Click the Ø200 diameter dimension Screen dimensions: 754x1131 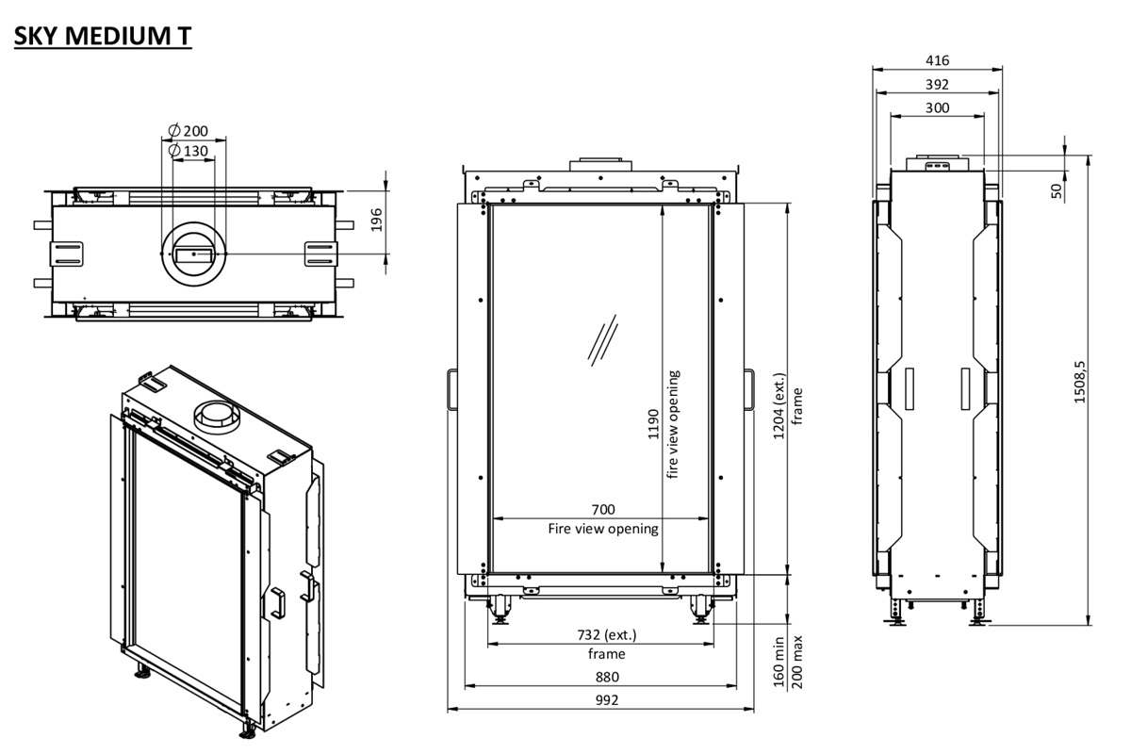tap(188, 130)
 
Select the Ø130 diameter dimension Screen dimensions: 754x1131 tap(188, 151)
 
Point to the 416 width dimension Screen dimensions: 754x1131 tap(937, 60)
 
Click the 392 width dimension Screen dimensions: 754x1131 tap(937, 84)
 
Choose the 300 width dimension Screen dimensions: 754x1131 tap(937, 107)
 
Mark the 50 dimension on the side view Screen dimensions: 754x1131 tap(1057, 189)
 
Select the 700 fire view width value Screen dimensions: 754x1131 tap(603, 510)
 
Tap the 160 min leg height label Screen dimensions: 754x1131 tap(779, 662)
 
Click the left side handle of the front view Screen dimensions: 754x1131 tap(451, 389)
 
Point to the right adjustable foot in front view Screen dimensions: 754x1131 tap(701, 613)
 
